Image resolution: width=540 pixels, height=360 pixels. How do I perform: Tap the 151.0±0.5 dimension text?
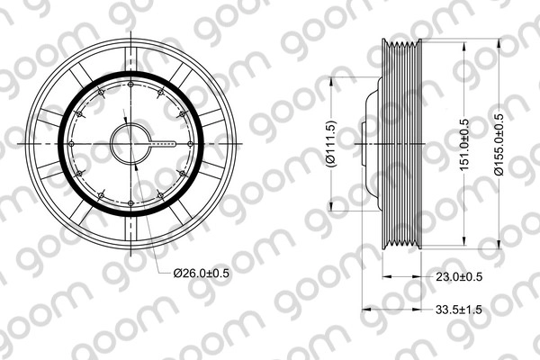[x=464, y=144]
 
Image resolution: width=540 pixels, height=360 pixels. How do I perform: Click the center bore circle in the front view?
[x=131, y=143]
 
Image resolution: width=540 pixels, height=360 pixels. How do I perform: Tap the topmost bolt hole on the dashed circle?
[x=131, y=85]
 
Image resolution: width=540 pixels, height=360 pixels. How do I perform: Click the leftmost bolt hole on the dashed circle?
[x=72, y=143]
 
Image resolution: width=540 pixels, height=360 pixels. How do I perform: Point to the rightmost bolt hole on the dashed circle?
[x=191, y=143]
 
